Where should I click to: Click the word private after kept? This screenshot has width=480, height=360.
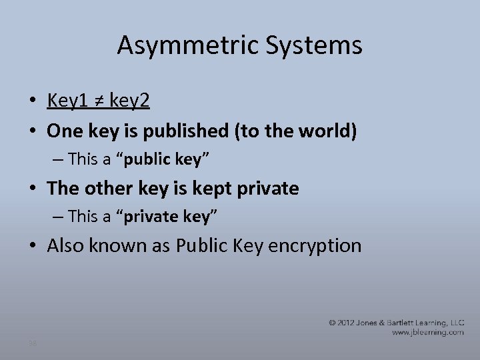(x=268, y=189)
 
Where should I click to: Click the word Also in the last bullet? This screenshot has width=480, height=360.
(x=67, y=245)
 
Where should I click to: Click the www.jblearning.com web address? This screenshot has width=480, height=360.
(x=427, y=332)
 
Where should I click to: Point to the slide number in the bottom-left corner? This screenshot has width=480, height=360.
(x=33, y=343)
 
